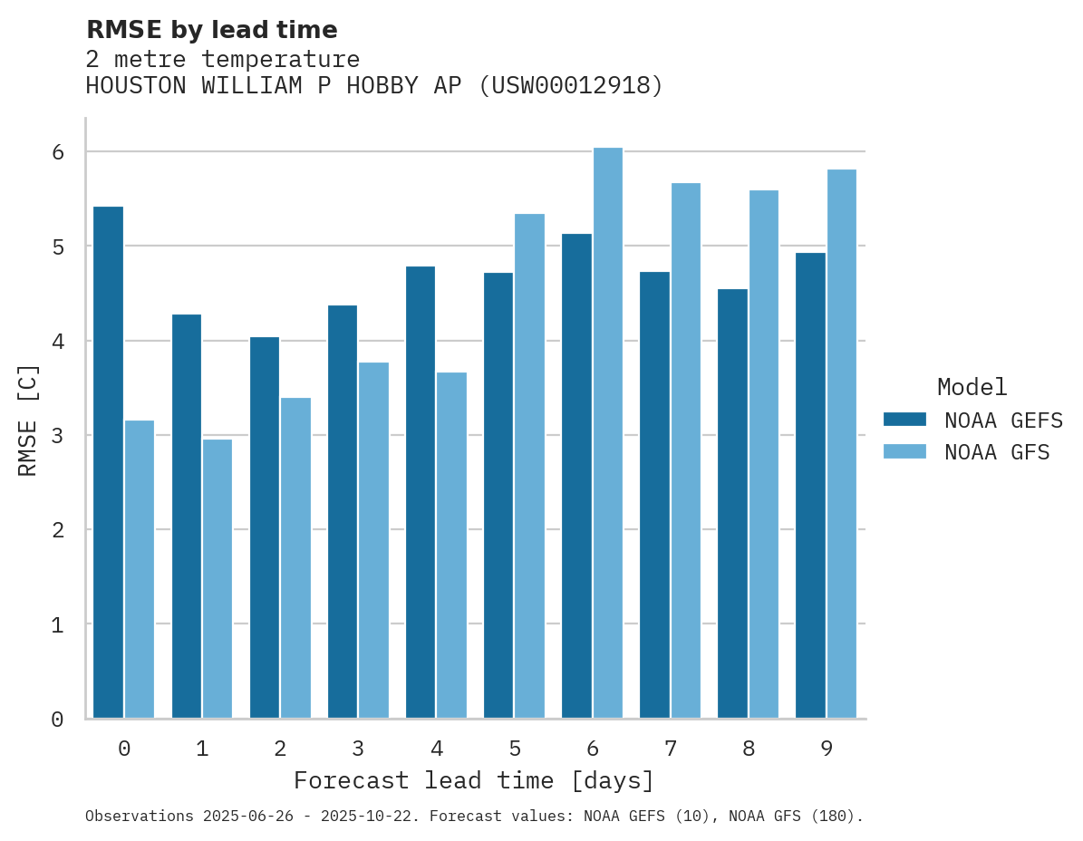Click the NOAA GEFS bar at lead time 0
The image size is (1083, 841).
[108, 462]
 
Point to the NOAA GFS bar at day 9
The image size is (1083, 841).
[841, 443]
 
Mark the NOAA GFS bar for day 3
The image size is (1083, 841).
[373, 540]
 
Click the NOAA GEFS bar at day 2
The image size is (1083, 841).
[265, 527]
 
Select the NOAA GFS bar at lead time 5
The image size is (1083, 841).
[529, 466]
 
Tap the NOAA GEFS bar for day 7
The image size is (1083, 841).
[654, 495]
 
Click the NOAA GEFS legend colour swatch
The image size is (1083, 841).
[904, 419]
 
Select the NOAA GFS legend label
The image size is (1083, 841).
[997, 452]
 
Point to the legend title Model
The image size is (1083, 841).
[972, 387]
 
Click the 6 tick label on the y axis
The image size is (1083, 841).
[57, 152]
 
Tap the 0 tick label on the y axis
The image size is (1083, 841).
[57, 720]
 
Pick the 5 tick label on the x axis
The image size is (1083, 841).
[514, 749]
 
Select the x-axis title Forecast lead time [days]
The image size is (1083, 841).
[473, 780]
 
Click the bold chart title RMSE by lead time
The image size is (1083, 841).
[211, 30]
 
